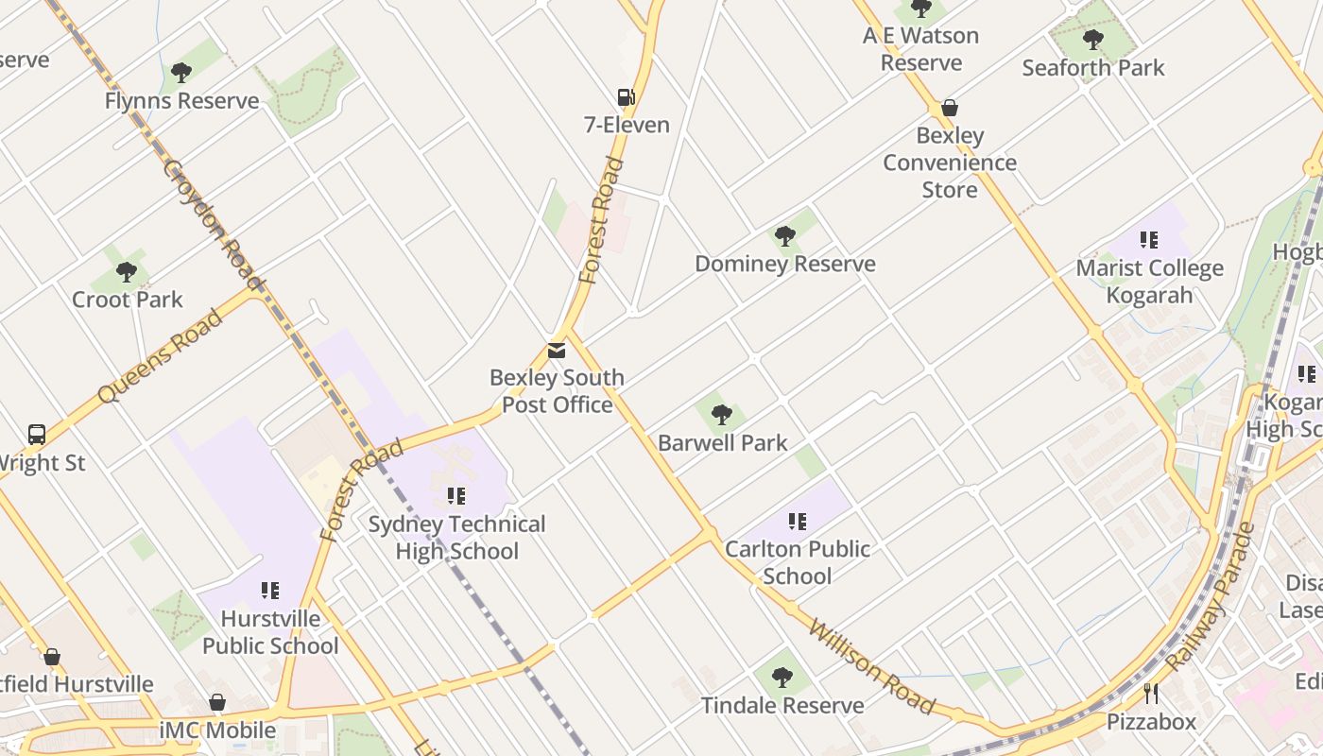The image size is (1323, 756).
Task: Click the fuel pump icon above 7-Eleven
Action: click(x=625, y=96)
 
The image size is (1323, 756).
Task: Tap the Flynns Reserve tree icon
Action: click(x=181, y=73)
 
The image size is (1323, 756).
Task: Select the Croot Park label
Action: click(x=128, y=300)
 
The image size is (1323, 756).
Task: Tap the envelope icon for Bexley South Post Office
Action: click(x=557, y=351)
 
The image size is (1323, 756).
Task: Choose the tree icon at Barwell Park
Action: click(x=722, y=414)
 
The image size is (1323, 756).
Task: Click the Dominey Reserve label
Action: click(x=785, y=264)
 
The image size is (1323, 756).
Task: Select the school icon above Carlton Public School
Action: click(x=798, y=521)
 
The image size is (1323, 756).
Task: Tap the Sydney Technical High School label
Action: click(x=457, y=538)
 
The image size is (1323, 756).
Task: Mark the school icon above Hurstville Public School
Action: click(x=270, y=591)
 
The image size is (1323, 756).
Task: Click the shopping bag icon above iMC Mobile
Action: click(x=217, y=702)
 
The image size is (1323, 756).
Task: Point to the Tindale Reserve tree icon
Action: click(x=782, y=677)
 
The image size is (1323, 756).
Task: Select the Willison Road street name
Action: click(x=872, y=667)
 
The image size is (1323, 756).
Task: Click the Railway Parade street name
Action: click(x=1211, y=597)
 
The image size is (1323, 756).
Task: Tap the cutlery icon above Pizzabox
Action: click(x=1151, y=695)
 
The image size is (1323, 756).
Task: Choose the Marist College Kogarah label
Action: click(x=1149, y=282)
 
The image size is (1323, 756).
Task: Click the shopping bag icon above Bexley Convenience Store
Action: click(x=950, y=108)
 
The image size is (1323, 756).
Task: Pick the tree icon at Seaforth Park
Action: click(x=1093, y=40)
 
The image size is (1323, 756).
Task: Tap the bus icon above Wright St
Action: click(x=37, y=435)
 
